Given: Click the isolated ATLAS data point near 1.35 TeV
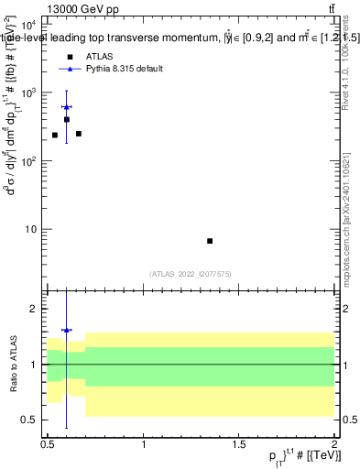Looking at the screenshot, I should click(210, 241).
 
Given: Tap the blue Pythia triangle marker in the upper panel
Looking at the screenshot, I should click(67, 107).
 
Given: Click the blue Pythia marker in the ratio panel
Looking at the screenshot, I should click(67, 330).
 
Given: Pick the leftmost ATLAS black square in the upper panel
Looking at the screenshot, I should click(55, 135).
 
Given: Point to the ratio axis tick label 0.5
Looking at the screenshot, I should click(32, 420).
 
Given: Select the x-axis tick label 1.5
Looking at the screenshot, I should click(239, 443).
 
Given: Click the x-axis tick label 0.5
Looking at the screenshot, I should click(49, 443).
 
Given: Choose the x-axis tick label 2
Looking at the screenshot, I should click(334, 443).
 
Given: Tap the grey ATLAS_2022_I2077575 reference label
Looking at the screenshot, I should click(191, 274).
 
